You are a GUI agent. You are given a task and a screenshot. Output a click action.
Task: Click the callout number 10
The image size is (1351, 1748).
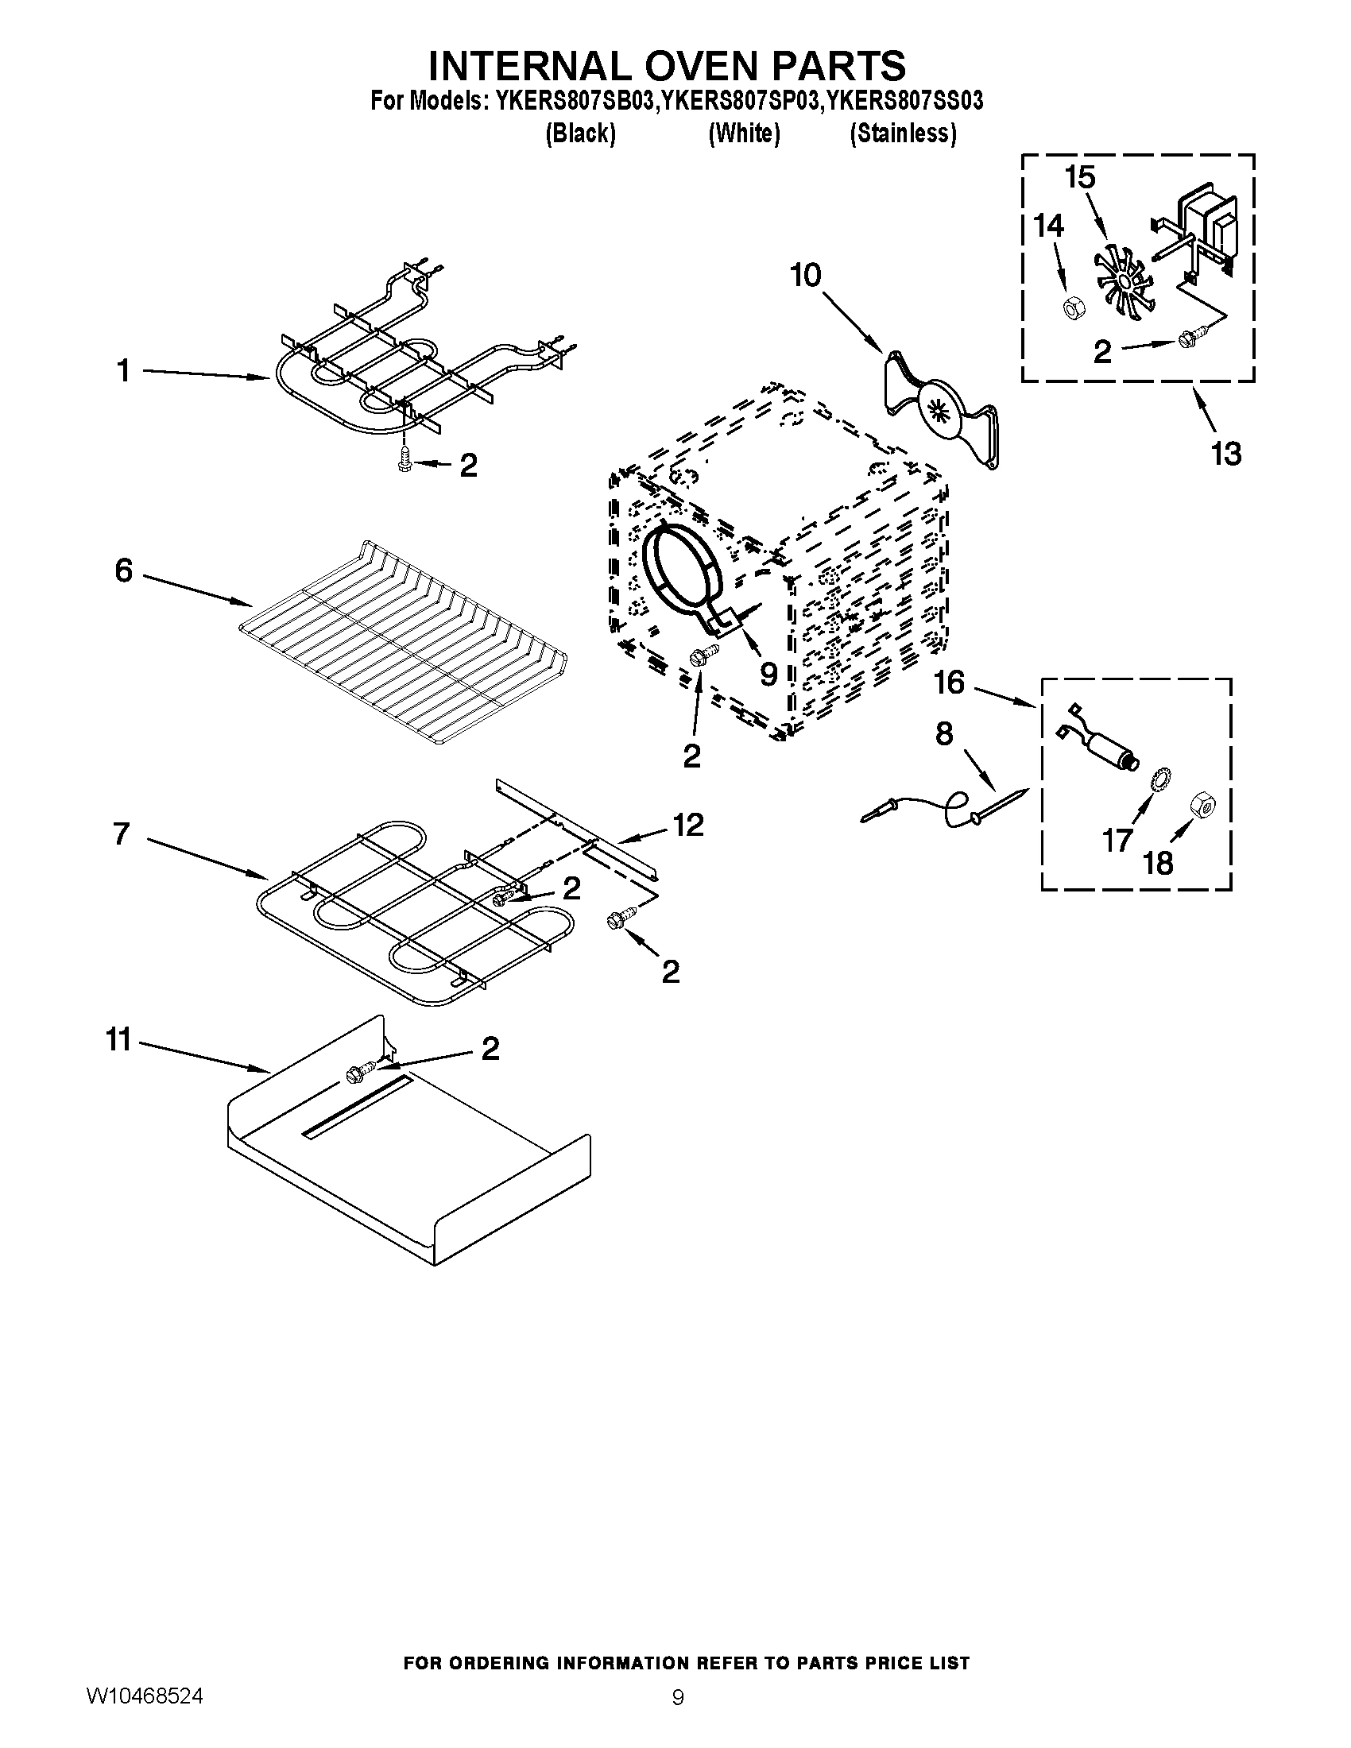click(805, 276)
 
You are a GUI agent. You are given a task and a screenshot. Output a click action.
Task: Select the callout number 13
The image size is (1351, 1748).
click(1225, 454)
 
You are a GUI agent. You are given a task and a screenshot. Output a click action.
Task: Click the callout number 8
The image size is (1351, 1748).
click(943, 734)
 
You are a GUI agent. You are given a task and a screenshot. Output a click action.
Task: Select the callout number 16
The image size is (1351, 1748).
click(949, 683)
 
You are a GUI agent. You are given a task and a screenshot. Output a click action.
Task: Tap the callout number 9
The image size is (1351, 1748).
click(768, 675)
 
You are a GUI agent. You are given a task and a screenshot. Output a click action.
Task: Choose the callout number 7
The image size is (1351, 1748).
click(122, 833)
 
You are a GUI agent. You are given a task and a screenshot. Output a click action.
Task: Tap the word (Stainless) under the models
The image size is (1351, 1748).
click(902, 133)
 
